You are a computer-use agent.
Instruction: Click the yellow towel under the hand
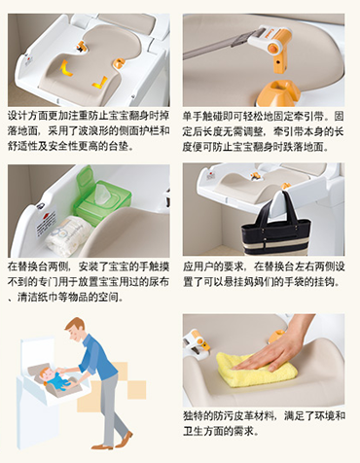tap(256, 371)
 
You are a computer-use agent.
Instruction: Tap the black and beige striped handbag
tap(275, 231)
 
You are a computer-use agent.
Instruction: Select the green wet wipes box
tap(102, 197)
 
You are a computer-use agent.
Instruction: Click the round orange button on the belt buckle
tap(271, 49)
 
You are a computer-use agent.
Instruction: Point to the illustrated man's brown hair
tap(76, 324)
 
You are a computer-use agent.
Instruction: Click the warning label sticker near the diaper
tap(46, 223)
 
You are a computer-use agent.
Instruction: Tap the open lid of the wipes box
tap(85, 177)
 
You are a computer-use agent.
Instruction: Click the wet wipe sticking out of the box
tap(103, 192)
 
